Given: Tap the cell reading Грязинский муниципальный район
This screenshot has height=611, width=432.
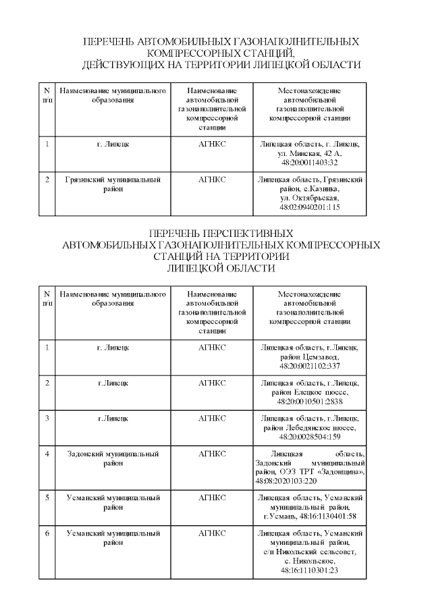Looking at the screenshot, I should click(x=113, y=184).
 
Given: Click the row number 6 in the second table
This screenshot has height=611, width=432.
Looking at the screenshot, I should click(x=47, y=533).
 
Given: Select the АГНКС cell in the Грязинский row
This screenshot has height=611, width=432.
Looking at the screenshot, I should click(x=212, y=180).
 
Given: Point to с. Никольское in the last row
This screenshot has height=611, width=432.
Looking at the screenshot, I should click(x=310, y=561).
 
